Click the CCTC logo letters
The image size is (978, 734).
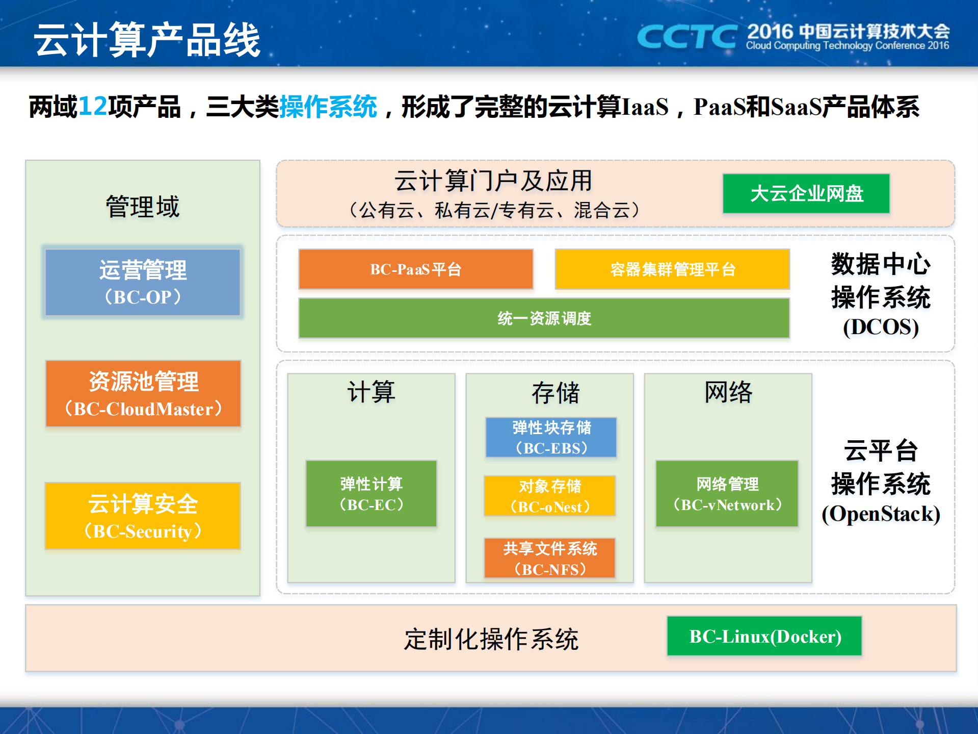pyautogui.click(x=686, y=37)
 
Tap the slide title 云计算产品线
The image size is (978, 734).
pyautogui.click(x=147, y=40)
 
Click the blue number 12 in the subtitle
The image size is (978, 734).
pyautogui.click(x=93, y=107)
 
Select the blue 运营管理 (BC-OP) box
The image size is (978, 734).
pyautogui.click(x=143, y=283)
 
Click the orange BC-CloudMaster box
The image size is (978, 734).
pyautogui.click(x=143, y=394)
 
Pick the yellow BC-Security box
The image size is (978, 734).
pyautogui.click(x=143, y=516)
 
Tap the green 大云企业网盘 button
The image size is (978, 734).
pyautogui.click(x=806, y=193)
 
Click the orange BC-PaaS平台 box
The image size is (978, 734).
pyautogui.click(x=415, y=269)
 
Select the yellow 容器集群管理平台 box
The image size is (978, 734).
pyautogui.click(x=672, y=269)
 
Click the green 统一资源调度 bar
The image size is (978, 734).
pyautogui.click(x=544, y=318)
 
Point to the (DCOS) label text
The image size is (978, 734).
pyautogui.click(x=880, y=327)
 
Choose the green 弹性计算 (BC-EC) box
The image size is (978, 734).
pyautogui.click(x=371, y=494)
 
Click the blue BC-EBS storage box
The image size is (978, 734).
pyautogui.click(x=551, y=437)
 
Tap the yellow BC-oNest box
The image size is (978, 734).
pyautogui.click(x=550, y=496)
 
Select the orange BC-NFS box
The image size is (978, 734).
pyautogui.click(x=549, y=558)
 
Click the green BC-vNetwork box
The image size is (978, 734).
pyautogui.click(x=727, y=494)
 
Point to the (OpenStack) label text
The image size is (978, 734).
pyautogui.click(x=880, y=514)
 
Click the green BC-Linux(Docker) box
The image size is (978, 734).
pyautogui.click(x=764, y=636)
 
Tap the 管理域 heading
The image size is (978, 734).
pyautogui.click(x=143, y=207)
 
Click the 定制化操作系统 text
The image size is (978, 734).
pyautogui.click(x=491, y=639)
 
